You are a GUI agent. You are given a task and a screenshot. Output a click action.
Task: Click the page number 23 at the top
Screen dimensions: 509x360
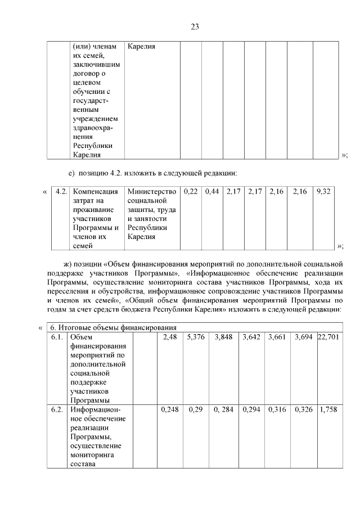click(195, 26)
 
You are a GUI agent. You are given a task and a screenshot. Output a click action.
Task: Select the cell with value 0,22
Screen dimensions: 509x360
click(191, 192)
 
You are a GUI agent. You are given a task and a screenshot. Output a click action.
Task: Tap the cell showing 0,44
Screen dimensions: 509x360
click(212, 192)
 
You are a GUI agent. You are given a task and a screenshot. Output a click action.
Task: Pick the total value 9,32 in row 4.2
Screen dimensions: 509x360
click(323, 192)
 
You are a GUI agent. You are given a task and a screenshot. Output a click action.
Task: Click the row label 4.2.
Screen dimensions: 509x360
click(62, 192)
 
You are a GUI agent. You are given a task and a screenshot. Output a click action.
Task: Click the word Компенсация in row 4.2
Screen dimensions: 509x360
click(96, 192)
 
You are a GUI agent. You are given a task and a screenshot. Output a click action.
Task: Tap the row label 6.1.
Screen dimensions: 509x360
click(57, 337)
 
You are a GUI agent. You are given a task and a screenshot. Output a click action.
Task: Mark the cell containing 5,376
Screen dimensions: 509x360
click(197, 337)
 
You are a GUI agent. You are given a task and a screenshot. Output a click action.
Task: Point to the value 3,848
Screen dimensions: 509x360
click(225, 337)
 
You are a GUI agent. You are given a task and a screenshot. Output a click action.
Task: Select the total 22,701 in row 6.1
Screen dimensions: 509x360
click(328, 337)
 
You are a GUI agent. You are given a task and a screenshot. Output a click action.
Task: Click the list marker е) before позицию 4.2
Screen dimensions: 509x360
click(71, 172)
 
